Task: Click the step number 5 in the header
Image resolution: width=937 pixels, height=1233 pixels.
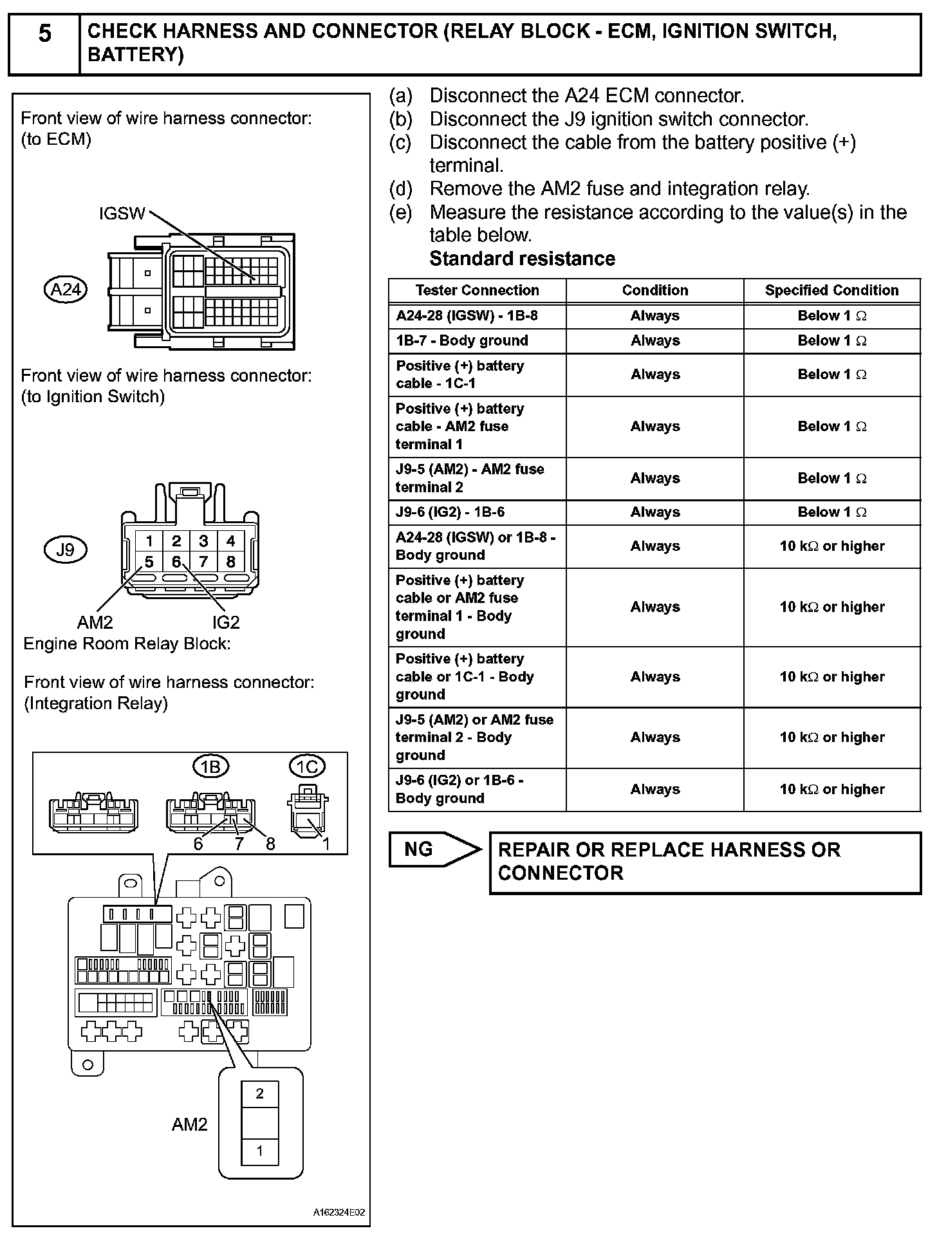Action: (x=44, y=33)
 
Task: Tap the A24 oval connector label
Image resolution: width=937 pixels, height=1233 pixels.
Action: (x=66, y=290)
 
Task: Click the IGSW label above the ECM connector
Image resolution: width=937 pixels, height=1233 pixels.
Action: (x=122, y=214)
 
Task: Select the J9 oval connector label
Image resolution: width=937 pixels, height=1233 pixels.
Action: (x=65, y=550)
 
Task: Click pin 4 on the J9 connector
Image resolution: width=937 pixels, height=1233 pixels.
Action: (x=230, y=541)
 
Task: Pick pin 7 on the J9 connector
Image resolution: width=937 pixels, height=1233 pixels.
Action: (x=203, y=562)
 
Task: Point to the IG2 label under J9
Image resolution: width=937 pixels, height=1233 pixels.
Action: (x=226, y=622)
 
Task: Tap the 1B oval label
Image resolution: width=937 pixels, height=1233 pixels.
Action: (x=211, y=766)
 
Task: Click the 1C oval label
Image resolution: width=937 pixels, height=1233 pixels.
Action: (x=307, y=766)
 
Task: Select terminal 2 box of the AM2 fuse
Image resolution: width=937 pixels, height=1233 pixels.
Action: (x=260, y=1093)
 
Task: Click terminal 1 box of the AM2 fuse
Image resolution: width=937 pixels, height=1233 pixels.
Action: (x=260, y=1151)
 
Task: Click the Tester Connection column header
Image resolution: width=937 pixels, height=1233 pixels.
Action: (x=477, y=290)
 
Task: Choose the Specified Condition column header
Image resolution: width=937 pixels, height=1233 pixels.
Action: (x=831, y=290)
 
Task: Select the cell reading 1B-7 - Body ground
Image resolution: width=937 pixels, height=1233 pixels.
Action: (x=462, y=340)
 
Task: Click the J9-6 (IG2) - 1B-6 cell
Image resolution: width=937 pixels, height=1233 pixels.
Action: (x=450, y=512)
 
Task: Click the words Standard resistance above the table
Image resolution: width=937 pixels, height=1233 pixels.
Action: (x=522, y=259)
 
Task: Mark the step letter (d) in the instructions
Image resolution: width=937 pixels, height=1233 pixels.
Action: (x=400, y=189)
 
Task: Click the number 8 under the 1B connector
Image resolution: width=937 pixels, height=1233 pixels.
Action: (x=270, y=844)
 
